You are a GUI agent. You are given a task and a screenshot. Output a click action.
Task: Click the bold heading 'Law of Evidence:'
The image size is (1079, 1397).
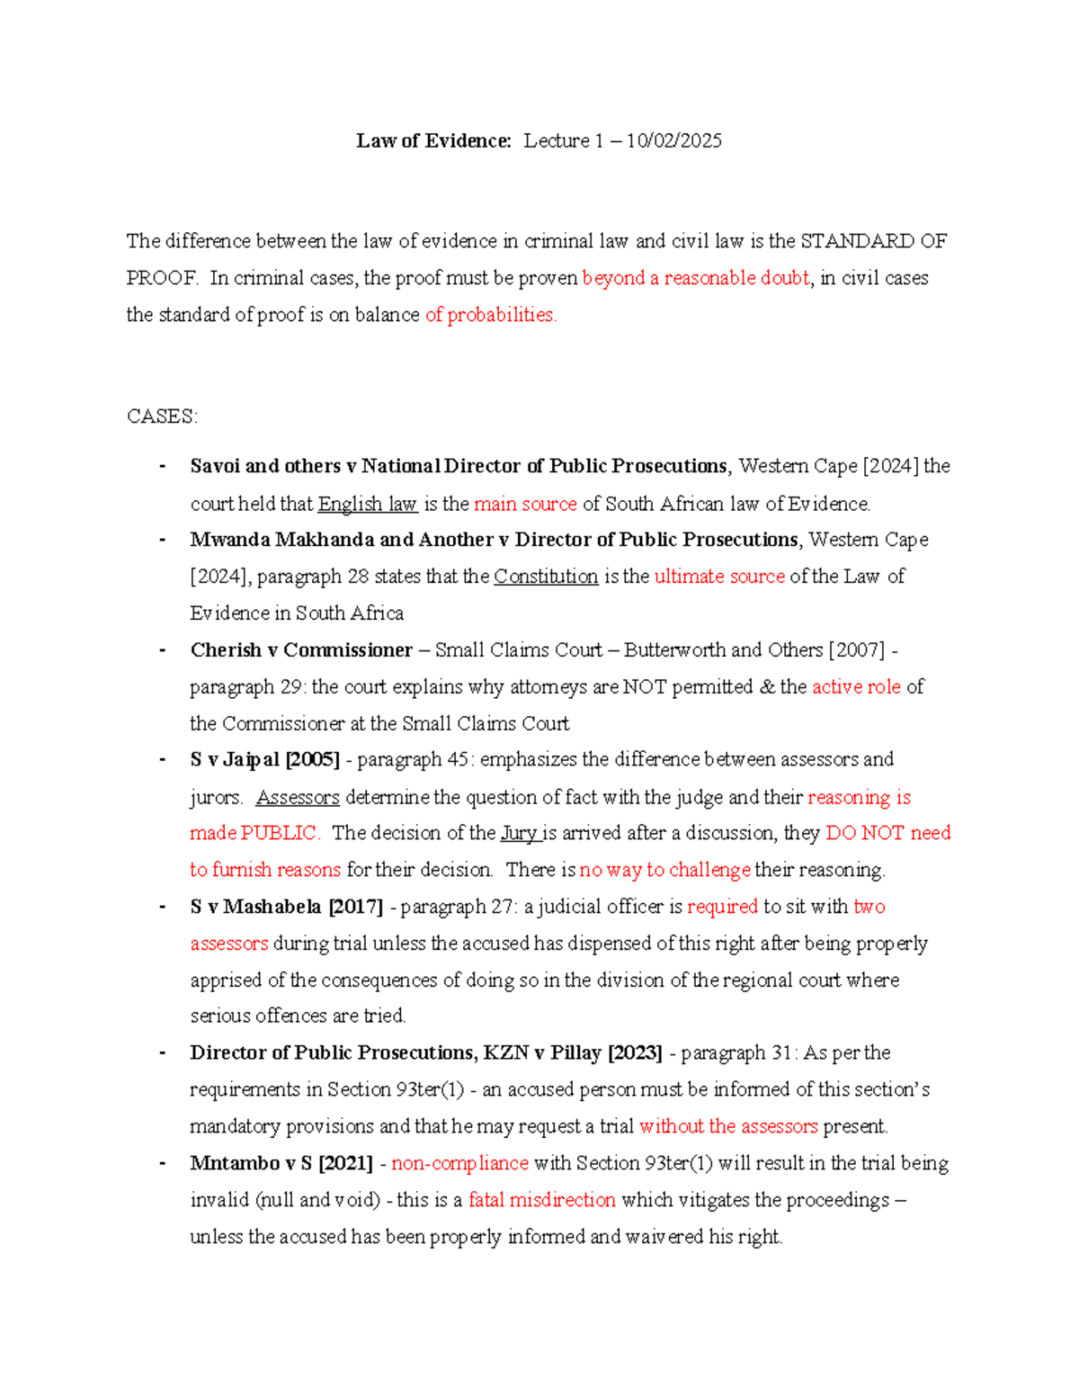tap(433, 140)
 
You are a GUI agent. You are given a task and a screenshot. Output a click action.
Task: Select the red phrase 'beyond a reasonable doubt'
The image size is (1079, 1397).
tap(696, 278)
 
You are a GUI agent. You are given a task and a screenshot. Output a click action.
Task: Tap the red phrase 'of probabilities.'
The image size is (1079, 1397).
tap(491, 315)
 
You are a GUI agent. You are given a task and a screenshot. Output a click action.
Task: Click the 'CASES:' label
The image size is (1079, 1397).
tap(162, 416)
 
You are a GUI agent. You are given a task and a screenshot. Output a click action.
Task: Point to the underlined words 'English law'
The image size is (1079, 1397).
tap(367, 504)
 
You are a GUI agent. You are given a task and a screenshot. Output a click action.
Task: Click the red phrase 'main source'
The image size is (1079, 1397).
tap(525, 504)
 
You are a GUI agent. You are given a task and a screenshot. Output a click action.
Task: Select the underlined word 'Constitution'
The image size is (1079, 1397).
tap(546, 577)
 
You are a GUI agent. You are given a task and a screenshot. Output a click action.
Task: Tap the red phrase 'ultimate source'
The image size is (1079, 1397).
tap(719, 577)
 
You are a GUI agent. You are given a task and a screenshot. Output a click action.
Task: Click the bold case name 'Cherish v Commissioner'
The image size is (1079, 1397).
tap(301, 650)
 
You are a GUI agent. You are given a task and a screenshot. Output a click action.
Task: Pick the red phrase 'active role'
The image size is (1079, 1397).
tap(856, 687)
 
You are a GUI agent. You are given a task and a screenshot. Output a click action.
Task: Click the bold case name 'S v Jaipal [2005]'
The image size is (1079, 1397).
tap(264, 760)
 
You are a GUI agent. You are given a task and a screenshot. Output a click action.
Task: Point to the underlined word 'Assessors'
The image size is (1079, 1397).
tap(298, 797)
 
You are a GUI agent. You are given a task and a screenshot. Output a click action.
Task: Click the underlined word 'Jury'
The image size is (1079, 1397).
tap(519, 833)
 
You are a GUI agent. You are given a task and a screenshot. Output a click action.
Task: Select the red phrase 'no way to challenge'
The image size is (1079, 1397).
tap(664, 870)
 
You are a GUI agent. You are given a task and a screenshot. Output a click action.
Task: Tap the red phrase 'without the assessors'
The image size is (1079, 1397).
tap(728, 1126)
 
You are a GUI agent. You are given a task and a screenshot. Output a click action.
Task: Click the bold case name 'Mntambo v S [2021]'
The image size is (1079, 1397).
tap(281, 1163)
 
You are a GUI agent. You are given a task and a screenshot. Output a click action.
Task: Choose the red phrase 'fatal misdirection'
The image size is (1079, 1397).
tap(542, 1200)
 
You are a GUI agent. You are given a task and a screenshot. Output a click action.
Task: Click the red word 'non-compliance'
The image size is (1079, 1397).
tap(459, 1163)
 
